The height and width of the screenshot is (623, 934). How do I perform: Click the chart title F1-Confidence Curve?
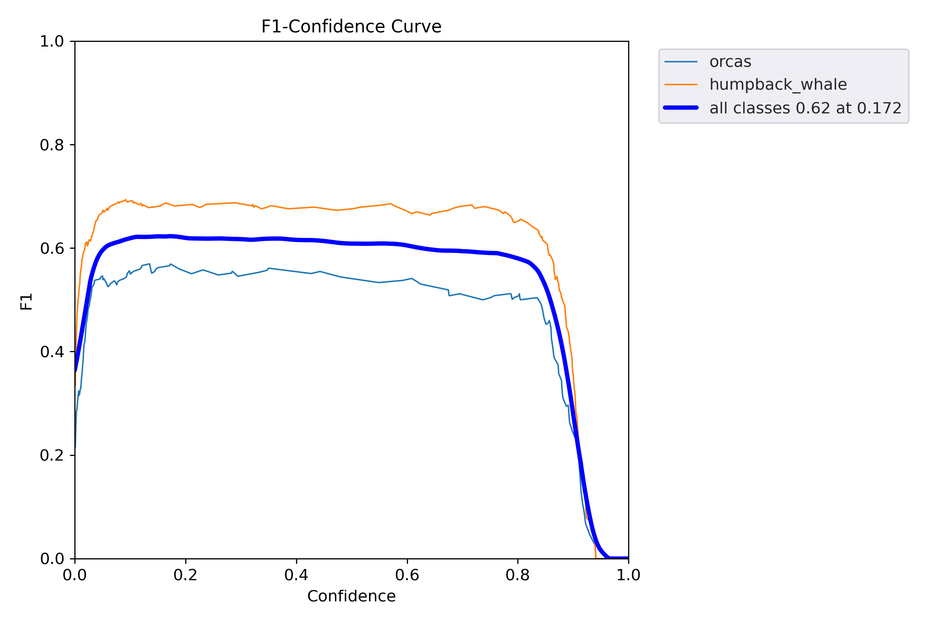coord(351,27)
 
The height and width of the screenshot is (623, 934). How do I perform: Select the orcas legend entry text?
coord(730,62)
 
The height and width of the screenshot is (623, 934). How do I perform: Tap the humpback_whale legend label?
coord(778,85)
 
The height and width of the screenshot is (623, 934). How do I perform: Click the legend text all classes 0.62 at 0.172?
coord(805,108)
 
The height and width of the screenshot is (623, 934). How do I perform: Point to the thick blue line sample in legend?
coord(681,108)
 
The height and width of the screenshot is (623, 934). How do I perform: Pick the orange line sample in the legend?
coord(681,85)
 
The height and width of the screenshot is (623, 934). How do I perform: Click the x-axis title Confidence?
coord(351,596)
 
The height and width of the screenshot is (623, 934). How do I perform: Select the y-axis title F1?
coord(26,302)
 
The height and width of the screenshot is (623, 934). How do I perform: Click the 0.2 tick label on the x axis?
coord(186,575)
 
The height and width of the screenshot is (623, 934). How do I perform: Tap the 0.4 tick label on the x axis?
coord(296,575)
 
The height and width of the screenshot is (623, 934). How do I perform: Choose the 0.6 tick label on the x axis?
coord(407,575)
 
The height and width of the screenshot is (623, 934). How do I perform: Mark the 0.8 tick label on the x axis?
coord(518,575)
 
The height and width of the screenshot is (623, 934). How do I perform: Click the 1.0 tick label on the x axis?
coord(628,575)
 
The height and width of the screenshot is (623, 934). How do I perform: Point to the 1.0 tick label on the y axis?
coord(52,42)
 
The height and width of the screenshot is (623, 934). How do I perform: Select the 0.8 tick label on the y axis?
coord(52,145)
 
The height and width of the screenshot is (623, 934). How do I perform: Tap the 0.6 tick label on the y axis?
coord(52,248)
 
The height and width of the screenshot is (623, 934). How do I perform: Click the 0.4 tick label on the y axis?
coord(52,352)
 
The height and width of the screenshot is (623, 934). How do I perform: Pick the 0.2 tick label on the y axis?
coord(52,455)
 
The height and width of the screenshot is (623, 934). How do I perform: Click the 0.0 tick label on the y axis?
coord(52,559)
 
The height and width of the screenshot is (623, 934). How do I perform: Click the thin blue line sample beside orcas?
coord(681,62)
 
